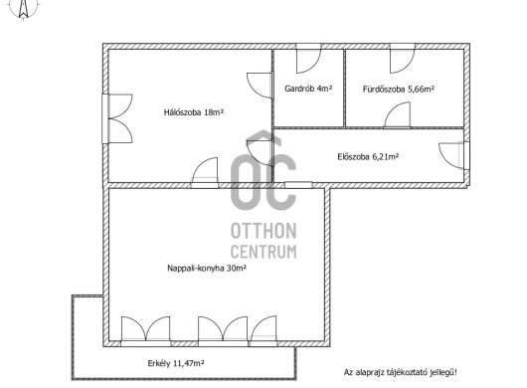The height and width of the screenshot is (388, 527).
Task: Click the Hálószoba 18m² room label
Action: [x=194, y=112]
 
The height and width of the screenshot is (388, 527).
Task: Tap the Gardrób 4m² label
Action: [x=308, y=89]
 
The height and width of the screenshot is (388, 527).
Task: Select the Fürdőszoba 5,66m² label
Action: [x=399, y=90]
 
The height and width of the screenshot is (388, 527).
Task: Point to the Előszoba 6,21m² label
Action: [x=368, y=156]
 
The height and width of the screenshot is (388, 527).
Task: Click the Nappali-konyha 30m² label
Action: [x=207, y=268]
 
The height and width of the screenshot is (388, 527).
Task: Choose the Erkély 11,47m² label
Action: [x=176, y=363]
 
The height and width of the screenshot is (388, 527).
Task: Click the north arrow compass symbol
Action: [x=23, y=8]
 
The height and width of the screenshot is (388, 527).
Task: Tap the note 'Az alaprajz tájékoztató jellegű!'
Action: [x=400, y=372]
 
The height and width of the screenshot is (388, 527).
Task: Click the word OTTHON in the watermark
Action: [x=263, y=231]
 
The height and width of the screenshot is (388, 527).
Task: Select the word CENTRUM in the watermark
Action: [x=263, y=252]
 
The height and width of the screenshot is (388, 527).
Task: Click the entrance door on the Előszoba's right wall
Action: [x=453, y=156]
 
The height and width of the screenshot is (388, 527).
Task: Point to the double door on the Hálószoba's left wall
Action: [x=117, y=118]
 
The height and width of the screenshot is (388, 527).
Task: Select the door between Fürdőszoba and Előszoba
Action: [x=398, y=115]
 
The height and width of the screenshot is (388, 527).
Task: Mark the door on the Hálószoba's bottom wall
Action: [x=205, y=172]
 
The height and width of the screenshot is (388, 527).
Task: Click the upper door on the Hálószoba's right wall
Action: [x=260, y=86]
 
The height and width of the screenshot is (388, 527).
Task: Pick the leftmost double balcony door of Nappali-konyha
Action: [x=145, y=331]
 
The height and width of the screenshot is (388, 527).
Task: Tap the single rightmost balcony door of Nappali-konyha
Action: [x=263, y=331]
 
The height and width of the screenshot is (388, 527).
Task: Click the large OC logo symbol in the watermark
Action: [x=263, y=171]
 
